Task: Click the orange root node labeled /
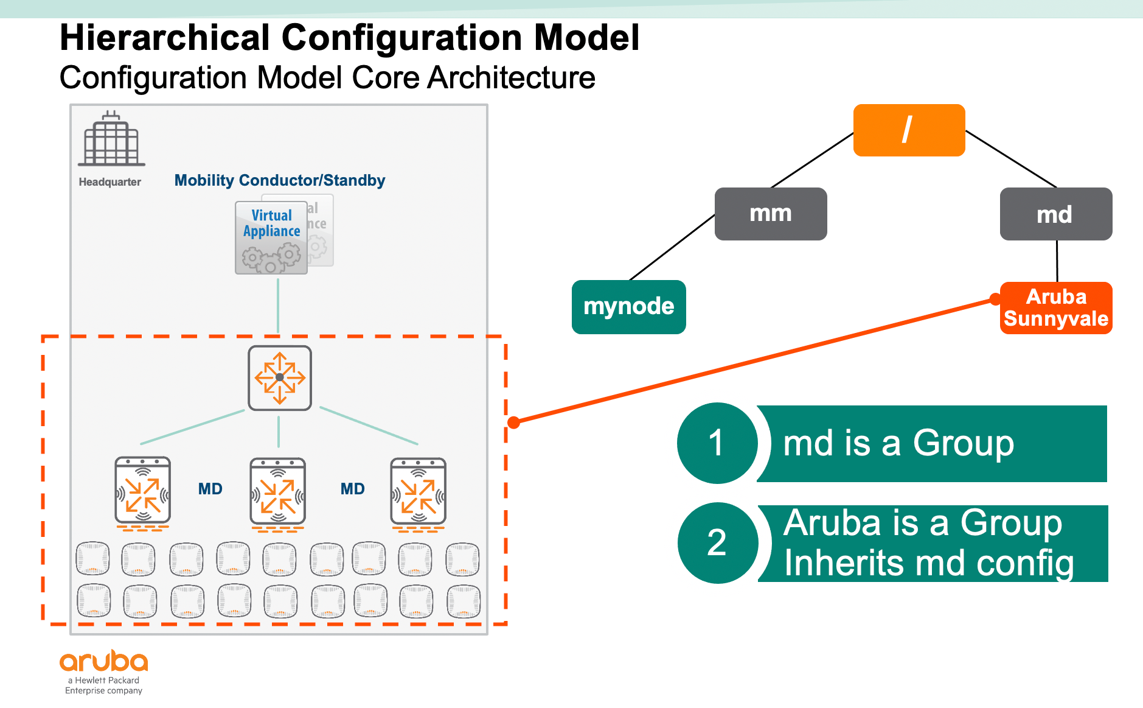(909, 130)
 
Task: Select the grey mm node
(770, 214)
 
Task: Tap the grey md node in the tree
(1055, 214)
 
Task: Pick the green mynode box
(628, 307)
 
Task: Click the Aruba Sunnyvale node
(1056, 308)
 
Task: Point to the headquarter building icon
(111, 139)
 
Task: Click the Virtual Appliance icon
(272, 237)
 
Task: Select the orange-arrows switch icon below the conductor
(280, 378)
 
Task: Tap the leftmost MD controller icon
(143, 492)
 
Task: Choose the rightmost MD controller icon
(419, 492)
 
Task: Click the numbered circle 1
(717, 443)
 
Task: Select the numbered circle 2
(717, 542)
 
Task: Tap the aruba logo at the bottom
(104, 662)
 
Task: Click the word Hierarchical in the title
(165, 38)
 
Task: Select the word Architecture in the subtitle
(511, 78)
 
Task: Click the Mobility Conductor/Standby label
(280, 181)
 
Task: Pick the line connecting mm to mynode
(672, 248)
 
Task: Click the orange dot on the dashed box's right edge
(514, 422)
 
